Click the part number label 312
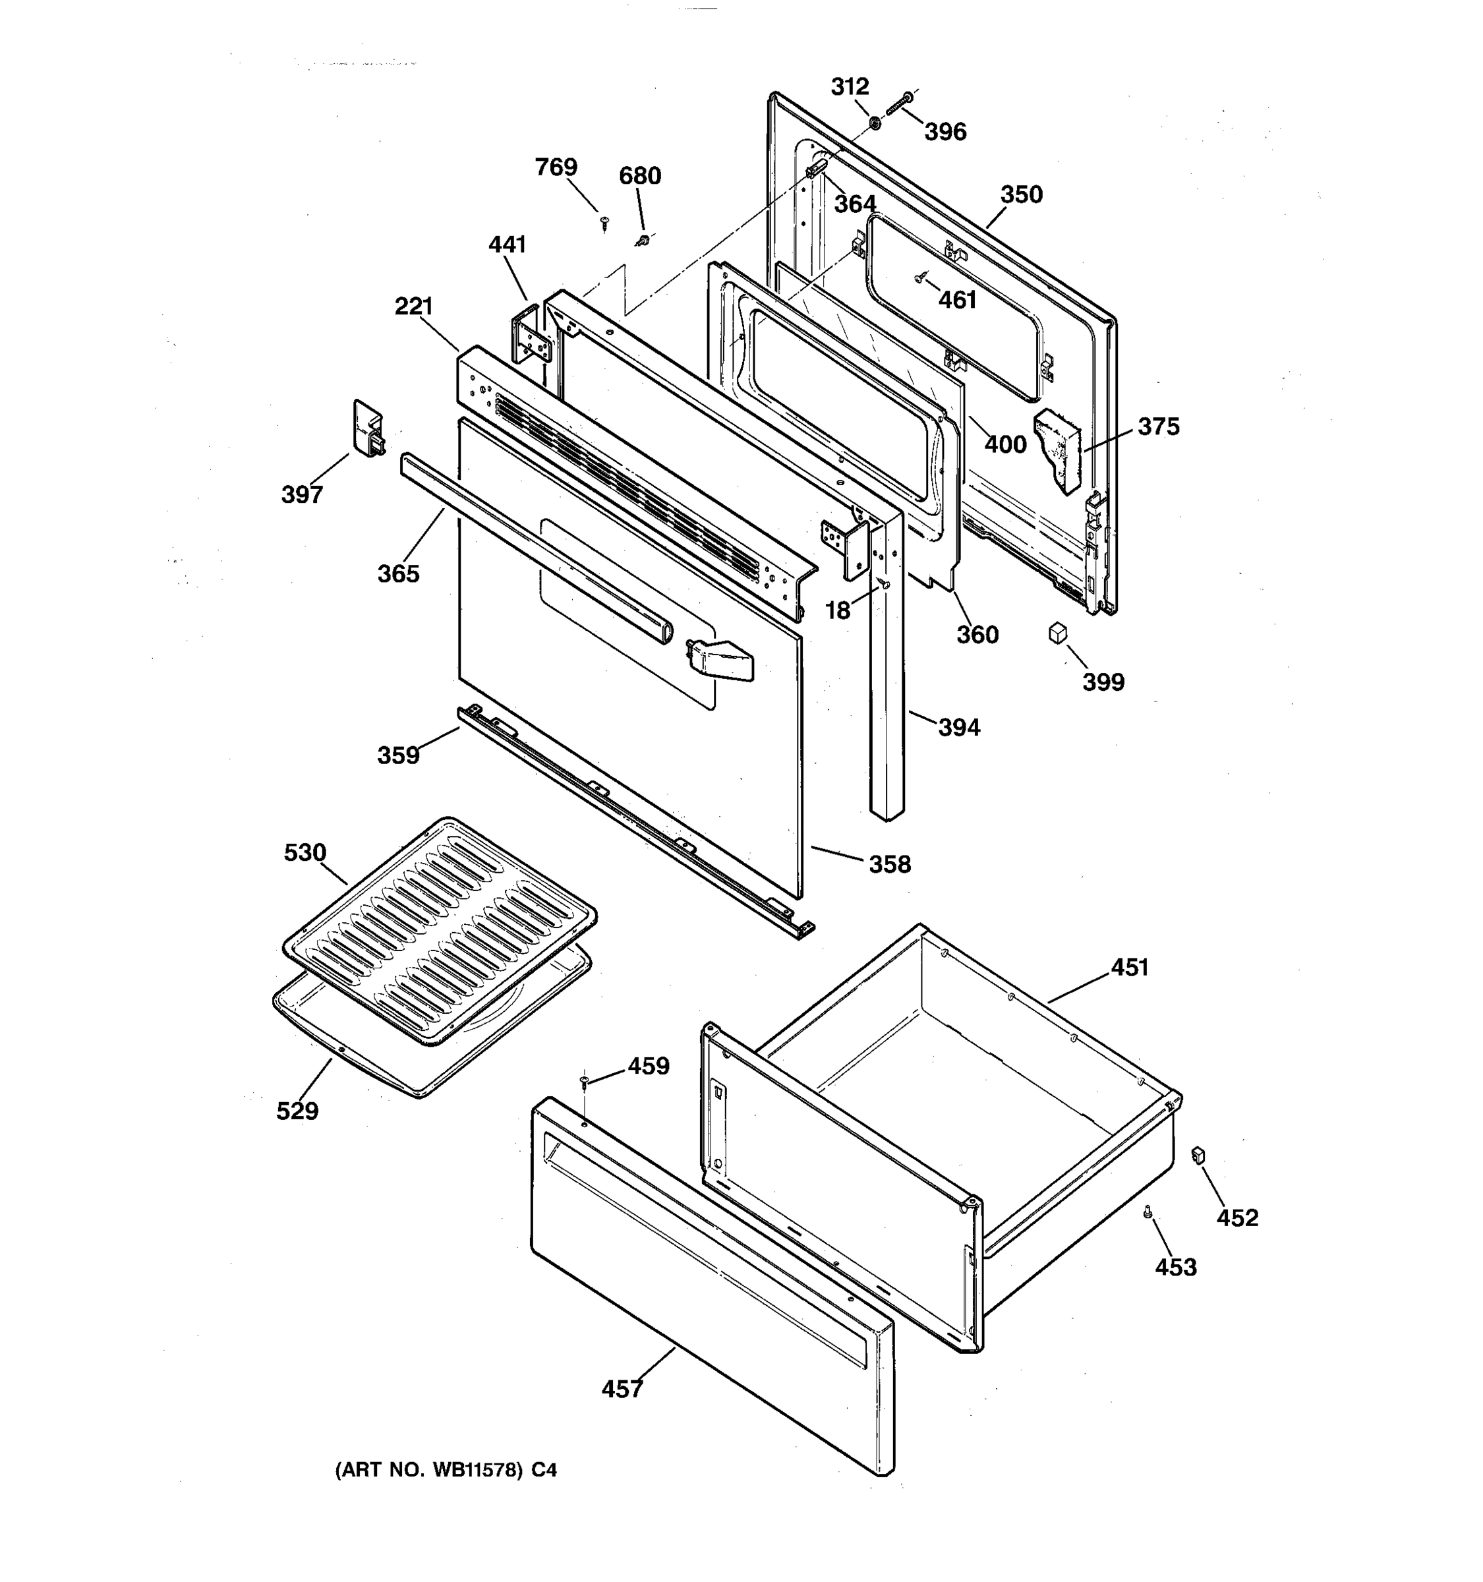850,86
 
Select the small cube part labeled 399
1057,633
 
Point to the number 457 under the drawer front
622,1390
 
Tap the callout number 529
297,1111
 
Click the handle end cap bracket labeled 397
368,428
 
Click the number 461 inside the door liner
957,300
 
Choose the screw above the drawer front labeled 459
585,1079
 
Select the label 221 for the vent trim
414,307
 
